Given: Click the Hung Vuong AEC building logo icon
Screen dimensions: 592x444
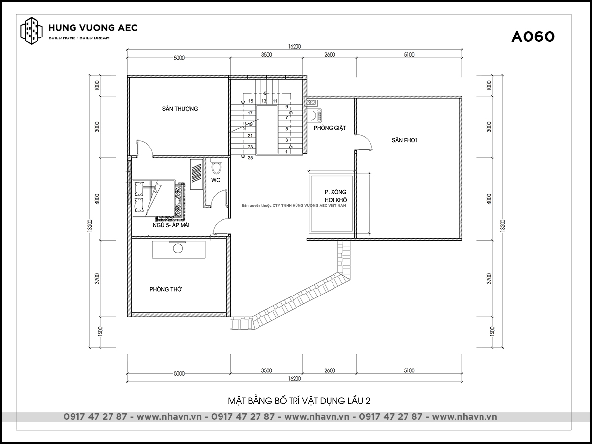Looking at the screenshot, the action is (32, 31).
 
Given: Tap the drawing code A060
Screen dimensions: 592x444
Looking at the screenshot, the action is (533, 37).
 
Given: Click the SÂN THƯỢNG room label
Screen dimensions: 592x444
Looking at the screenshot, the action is (180, 109).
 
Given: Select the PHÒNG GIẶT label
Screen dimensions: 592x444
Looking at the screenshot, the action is (330, 128).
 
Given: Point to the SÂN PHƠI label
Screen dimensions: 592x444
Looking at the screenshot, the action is (404, 140).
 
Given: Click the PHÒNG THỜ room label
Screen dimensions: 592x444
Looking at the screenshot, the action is (166, 289).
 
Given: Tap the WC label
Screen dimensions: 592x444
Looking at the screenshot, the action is (216, 180).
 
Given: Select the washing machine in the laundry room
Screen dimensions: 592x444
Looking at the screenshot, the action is (316, 115).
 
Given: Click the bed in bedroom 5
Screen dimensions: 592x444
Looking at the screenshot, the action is (158, 199).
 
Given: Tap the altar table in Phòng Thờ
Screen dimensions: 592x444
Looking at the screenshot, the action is (179, 249).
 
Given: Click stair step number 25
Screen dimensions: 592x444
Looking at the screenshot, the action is (250, 158).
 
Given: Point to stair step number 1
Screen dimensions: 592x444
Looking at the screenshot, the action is (286, 152).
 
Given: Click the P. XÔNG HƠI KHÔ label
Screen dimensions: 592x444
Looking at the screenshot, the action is (335, 196).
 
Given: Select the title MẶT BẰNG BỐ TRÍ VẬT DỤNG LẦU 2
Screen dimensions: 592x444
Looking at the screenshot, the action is (299, 401).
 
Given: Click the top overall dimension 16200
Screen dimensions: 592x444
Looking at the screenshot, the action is (294, 47).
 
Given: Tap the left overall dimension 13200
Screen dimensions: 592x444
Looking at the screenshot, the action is (90, 225).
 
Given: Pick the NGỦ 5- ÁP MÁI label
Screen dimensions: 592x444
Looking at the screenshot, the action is (171, 225).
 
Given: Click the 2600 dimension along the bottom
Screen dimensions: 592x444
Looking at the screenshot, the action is (330, 370).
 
